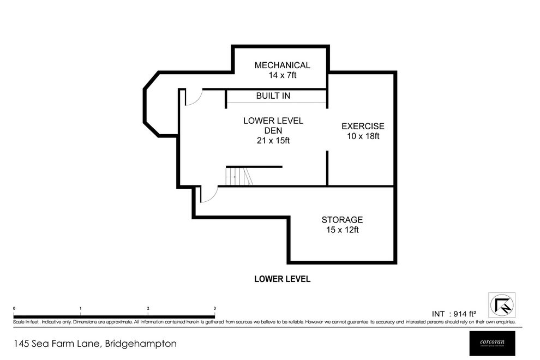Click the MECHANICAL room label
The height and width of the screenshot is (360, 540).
(282, 65)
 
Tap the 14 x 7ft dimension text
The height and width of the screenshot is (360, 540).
(282, 76)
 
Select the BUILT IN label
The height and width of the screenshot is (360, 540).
(273, 96)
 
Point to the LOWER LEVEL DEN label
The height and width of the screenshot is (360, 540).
(273, 125)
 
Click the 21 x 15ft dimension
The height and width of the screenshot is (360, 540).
(273, 140)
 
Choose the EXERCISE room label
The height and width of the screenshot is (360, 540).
(363, 126)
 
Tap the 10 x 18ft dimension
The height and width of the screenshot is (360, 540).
(363, 136)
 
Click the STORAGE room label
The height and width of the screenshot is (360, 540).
(342, 220)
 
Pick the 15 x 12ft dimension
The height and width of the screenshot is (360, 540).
(342, 230)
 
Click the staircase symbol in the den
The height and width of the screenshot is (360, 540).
(239, 177)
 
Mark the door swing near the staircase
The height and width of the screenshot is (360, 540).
(209, 194)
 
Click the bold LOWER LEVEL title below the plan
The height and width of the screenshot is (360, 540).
(283, 279)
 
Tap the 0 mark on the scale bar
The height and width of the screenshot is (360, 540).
(14, 309)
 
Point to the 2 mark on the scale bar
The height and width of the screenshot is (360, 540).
(148, 309)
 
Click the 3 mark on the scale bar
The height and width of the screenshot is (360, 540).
(215, 309)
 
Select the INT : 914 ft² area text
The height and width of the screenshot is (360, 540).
(454, 314)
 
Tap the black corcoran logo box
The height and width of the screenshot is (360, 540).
(491, 342)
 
